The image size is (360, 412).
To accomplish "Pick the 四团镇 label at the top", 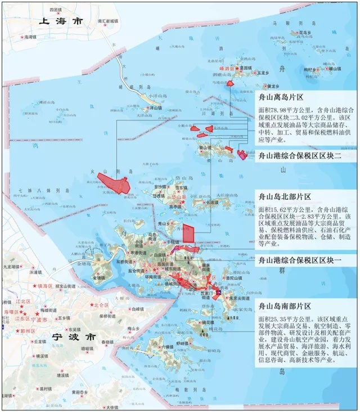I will pyautogui.click(x=55, y=10).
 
